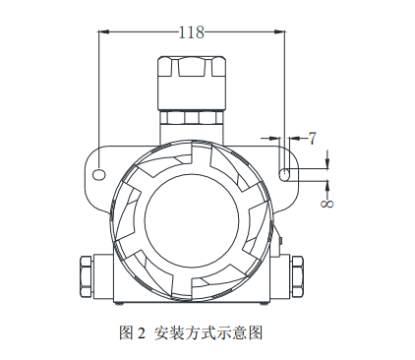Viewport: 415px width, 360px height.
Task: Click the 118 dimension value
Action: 192,32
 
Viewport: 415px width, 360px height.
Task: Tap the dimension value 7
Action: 313,139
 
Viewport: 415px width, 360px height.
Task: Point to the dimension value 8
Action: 326,204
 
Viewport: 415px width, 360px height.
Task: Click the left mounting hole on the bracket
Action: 99,174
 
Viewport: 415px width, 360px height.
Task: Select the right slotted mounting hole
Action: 284,174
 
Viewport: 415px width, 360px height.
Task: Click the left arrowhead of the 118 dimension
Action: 103,31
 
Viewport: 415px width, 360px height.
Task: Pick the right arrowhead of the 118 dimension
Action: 279,31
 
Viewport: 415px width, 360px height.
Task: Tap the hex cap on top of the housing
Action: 192,83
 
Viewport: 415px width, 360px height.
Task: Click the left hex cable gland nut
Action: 87,276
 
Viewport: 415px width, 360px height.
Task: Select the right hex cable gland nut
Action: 297,276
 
